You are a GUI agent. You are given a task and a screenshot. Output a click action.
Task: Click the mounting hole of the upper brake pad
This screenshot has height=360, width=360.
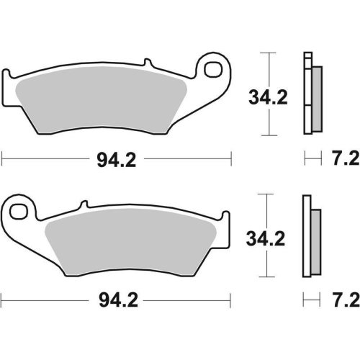tap(214, 70)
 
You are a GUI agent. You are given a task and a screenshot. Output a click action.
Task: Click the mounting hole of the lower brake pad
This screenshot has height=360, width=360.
tap(19, 211)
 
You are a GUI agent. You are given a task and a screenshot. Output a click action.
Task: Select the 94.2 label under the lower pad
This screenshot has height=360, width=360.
tap(117, 298)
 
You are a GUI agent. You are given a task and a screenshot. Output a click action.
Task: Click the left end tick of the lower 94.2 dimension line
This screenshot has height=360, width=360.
tap(2, 298)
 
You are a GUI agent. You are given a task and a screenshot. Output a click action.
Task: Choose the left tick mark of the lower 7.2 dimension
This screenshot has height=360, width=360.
tap(305, 298)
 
